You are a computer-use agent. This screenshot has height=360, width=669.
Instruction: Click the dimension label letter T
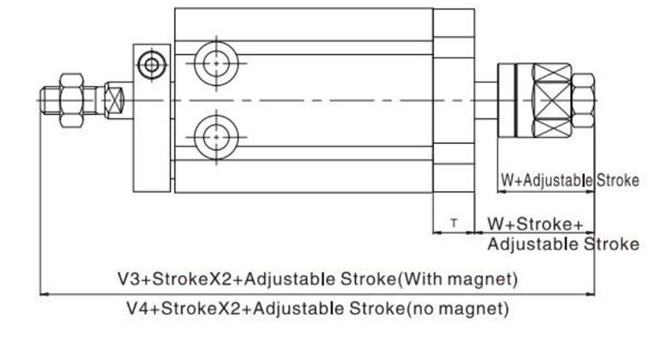click(455, 224)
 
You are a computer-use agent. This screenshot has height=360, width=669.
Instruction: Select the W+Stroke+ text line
click(537, 224)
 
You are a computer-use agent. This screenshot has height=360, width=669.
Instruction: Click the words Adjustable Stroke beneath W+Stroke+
click(563, 243)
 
